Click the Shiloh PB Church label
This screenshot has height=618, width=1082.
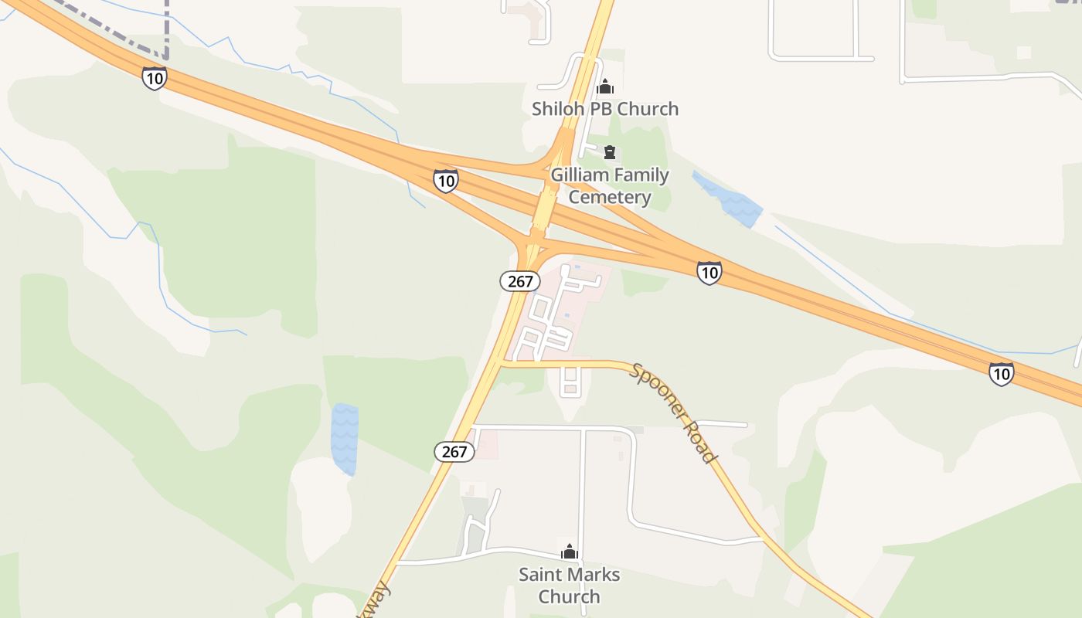[x=604, y=109]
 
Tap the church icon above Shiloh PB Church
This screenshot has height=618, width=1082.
[x=605, y=86]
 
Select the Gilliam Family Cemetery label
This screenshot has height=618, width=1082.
[x=610, y=186]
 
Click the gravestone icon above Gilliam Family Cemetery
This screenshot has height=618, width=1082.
[x=610, y=152]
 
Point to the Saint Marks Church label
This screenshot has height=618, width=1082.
[x=570, y=586]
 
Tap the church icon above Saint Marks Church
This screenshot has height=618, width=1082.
[x=570, y=552]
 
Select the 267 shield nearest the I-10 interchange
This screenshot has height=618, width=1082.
[x=520, y=281]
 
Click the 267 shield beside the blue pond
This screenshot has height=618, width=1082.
[x=454, y=451]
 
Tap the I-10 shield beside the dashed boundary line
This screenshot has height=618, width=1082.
[x=155, y=77]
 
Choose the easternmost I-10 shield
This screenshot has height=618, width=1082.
[x=1001, y=374]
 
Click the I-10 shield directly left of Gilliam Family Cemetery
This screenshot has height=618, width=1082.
[x=446, y=181]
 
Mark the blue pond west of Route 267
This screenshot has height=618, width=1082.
[x=345, y=438]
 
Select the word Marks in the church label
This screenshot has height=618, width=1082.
[x=594, y=575]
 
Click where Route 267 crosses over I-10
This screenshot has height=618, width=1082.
[x=544, y=209]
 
